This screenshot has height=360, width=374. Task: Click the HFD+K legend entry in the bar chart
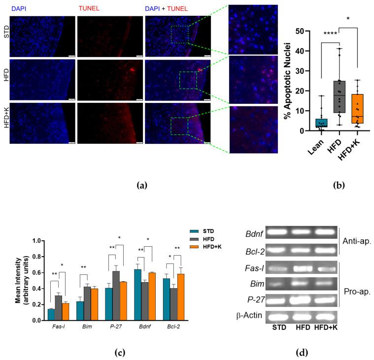coord(206,246)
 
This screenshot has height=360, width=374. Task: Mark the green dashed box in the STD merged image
coord(180,35)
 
